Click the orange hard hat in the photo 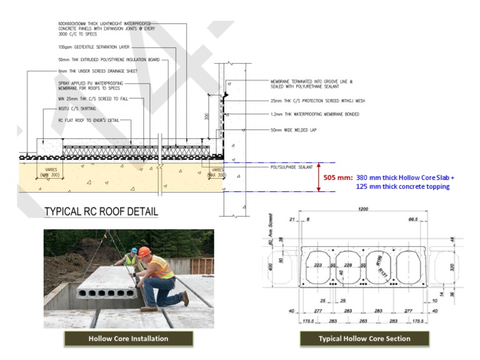point(145,251)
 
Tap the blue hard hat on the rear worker point(132,248)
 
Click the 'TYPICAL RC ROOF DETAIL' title point(101,212)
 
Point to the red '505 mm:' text point(337,177)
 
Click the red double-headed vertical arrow point(318,177)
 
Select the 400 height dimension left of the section point(271,266)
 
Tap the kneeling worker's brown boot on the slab point(149,308)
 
